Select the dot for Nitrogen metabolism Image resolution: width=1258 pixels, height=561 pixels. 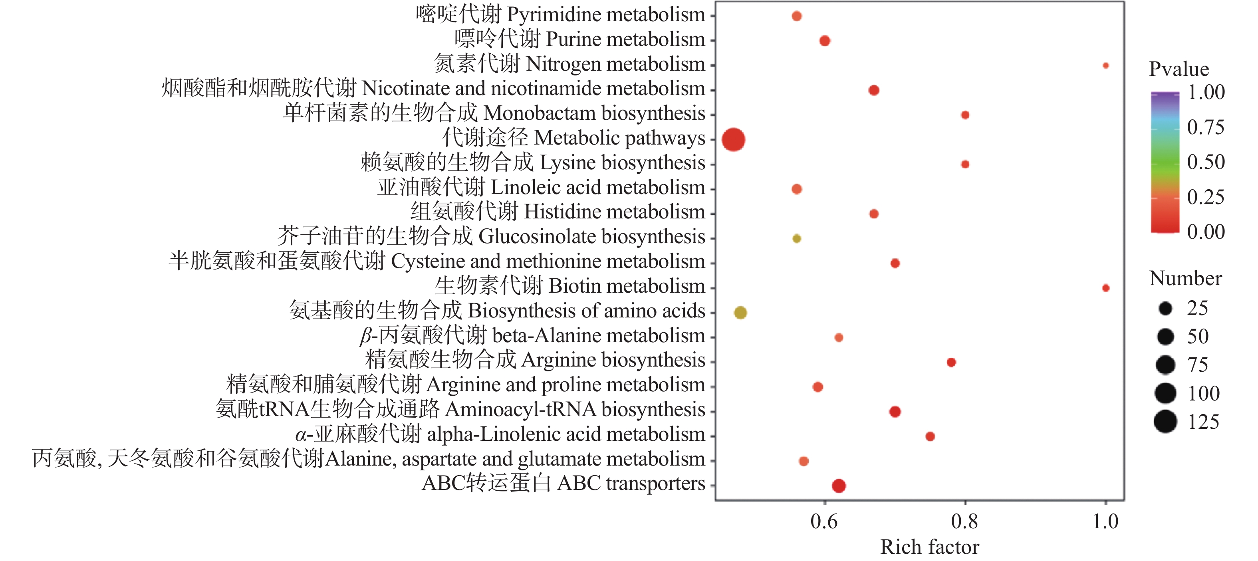coord(1105,65)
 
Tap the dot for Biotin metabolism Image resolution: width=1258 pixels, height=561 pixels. coord(1105,288)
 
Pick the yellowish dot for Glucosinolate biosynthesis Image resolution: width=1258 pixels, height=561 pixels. coord(796,239)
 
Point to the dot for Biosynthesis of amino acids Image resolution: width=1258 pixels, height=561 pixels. coord(740,313)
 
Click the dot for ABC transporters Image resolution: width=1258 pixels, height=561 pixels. coord(839,486)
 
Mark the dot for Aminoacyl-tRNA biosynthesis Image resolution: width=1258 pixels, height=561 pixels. coord(895,412)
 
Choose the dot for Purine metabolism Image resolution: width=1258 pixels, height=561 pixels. coord(825,40)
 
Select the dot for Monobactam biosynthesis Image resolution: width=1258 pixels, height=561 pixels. coord(965,115)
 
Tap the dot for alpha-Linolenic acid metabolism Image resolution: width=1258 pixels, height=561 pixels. coord(930,436)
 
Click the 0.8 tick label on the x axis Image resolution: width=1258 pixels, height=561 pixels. coord(964,522)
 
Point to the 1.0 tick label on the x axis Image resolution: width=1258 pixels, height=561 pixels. coord(1105,522)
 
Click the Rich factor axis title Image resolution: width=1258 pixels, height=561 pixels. coord(929,547)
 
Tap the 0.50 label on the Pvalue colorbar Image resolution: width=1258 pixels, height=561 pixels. coord(1206,162)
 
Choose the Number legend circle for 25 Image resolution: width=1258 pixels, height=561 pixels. coord(1165,308)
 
